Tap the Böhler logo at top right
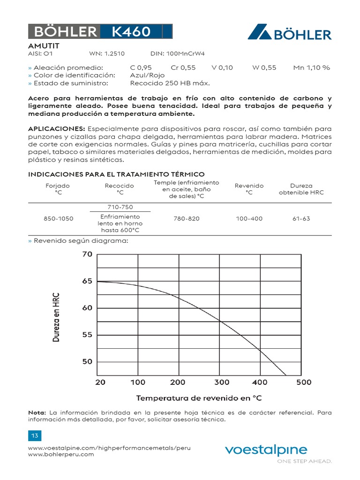[289, 33]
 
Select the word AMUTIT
[44, 46]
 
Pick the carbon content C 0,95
[141, 67]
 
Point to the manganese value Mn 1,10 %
[311, 67]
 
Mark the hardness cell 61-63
[300, 219]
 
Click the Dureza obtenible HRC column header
[301, 189]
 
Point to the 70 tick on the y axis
[87, 255]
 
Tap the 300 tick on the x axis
[222, 382]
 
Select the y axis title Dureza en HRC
[56, 317]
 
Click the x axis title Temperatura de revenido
[199, 398]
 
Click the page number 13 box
[34, 436]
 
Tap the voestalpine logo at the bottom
[266, 450]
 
